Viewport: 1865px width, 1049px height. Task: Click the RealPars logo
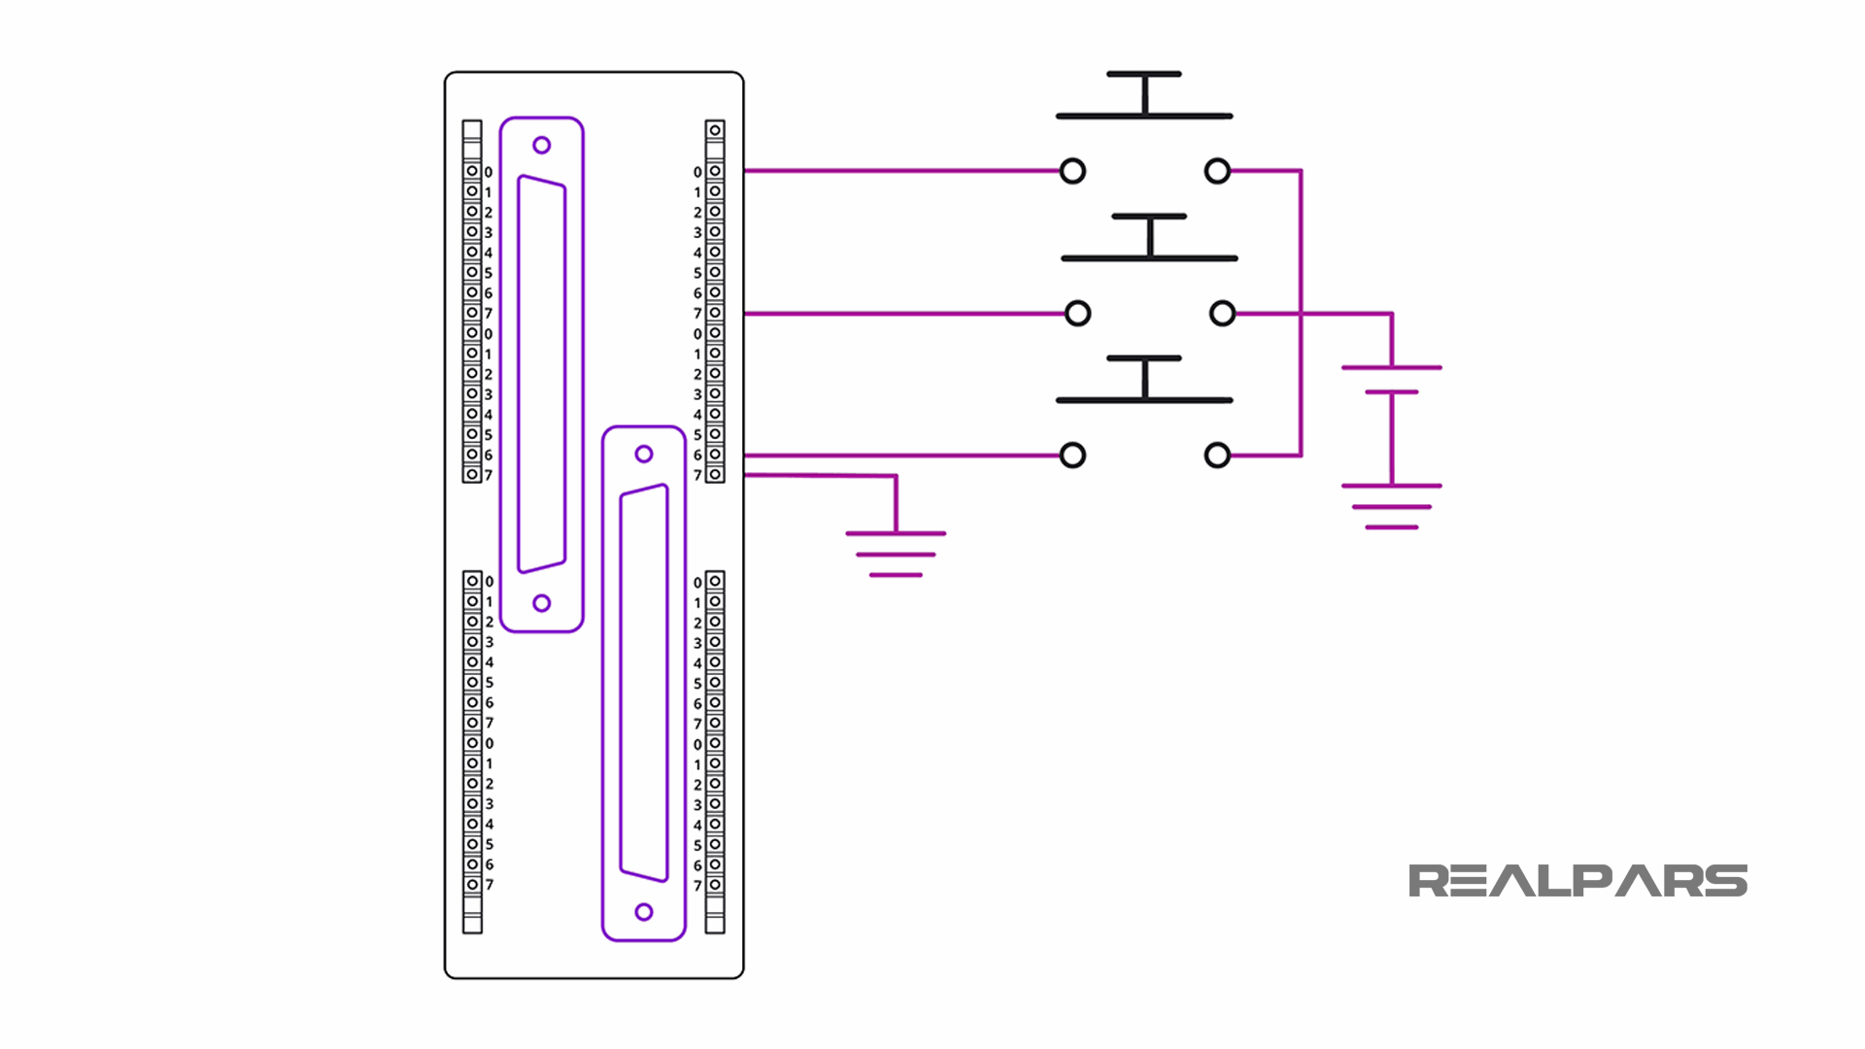(1577, 881)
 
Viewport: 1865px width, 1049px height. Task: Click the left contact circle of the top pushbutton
(1072, 171)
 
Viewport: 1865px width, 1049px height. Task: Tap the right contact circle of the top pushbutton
(1217, 171)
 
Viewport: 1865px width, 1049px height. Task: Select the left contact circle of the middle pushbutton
(1077, 314)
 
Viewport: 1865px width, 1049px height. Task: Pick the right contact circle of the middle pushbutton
(1222, 314)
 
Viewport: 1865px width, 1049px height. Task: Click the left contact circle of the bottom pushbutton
(1072, 456)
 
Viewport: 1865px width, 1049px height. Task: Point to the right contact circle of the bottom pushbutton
(1217, 456)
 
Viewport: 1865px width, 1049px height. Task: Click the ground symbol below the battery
(1391, 506)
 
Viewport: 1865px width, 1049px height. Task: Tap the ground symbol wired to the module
(896, 554)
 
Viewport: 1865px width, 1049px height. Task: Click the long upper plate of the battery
(1391, 368)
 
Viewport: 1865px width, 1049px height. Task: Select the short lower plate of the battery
(1391, 392)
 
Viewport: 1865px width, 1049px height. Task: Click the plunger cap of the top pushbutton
(1144, 74)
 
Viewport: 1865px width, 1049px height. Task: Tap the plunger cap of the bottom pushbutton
(1144, 358)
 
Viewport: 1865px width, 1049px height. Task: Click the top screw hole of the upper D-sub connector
(542, 146)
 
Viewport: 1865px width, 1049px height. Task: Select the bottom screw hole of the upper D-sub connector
(542, 603)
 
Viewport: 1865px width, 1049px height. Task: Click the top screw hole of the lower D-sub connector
(644, 454)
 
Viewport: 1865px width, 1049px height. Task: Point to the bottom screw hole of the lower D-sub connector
(644, 912)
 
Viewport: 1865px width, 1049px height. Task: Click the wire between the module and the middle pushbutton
(903, 314)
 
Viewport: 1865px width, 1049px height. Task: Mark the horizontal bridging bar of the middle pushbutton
(1149, 258)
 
